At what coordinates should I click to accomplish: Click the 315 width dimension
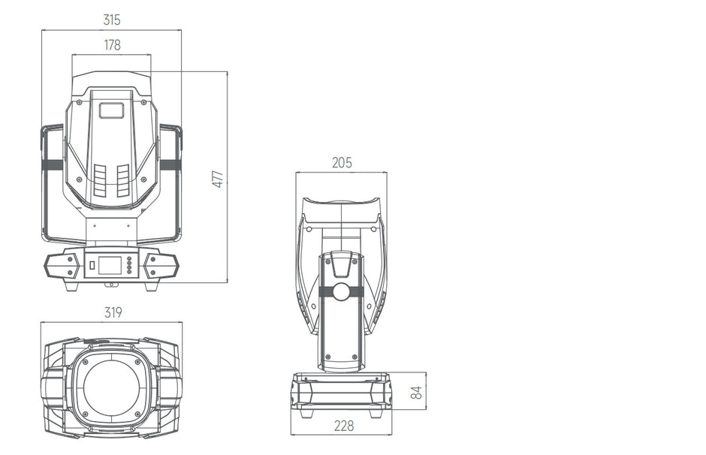pos(112,20)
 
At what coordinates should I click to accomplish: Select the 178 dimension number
pos(112,45)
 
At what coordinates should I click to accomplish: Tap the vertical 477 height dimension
pos(218,179)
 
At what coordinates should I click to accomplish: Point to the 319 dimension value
pos(113,312)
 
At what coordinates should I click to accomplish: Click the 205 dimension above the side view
pos(342,162)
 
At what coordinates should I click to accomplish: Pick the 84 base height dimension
pos(417,393)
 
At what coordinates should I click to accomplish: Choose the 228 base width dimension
pos(344,426)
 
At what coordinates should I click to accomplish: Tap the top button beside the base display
pos(130,259)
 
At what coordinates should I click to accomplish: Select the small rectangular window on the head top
pos(111,110)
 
